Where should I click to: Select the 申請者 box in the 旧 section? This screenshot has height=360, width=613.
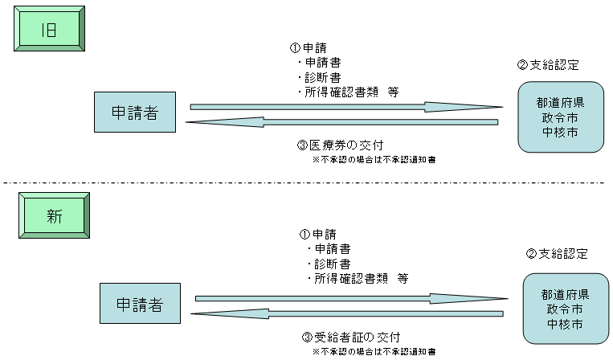(x=134, y=113)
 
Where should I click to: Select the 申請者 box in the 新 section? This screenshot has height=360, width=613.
(x=140, y=305)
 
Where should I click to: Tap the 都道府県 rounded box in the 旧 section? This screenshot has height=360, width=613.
(x=560, y=117)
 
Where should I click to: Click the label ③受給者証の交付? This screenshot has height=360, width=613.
(x=350, y=337)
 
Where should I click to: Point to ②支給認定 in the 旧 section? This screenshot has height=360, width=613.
(x=549, y=65)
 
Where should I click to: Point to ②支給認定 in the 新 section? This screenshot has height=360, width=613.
(x=557, y=254)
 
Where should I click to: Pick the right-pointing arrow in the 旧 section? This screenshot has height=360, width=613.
(x=345, y=106)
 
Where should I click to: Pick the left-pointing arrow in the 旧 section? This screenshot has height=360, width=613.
(x=341, y=122)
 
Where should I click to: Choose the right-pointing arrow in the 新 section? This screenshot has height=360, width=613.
(x=350, y=298)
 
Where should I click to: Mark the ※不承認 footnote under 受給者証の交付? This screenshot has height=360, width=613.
(x=374, y=352)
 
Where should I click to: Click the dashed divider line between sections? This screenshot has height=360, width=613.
(x=306, y=182)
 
